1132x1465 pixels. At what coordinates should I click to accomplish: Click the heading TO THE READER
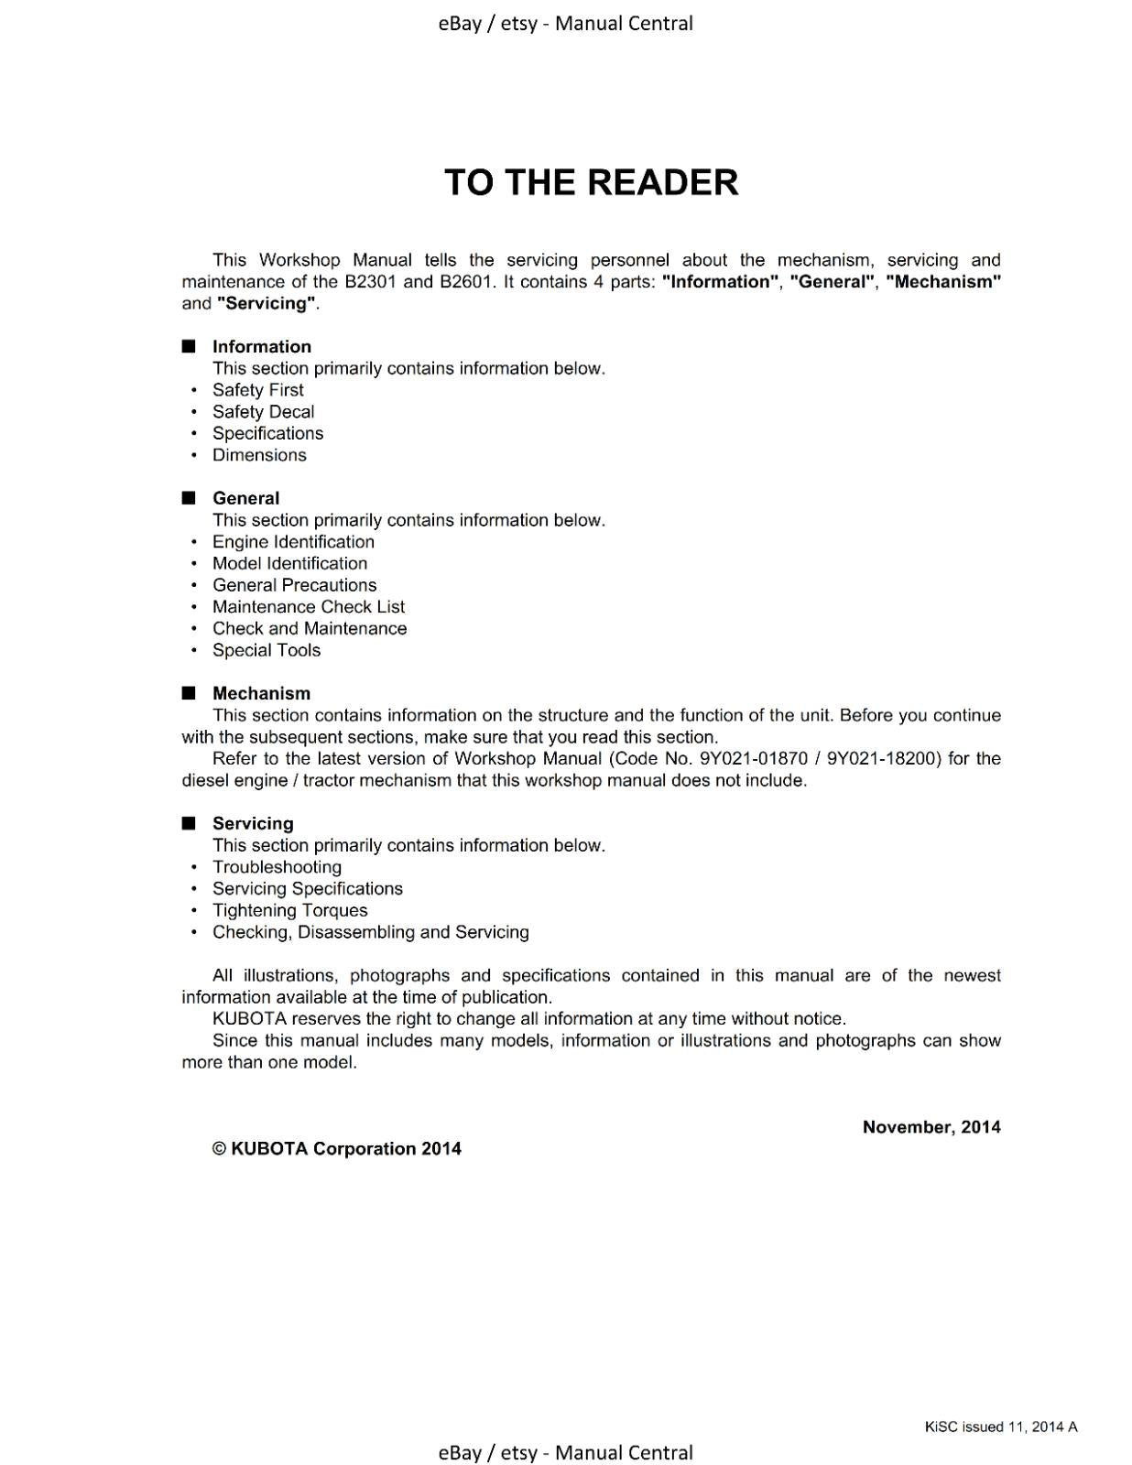tap(591, 182)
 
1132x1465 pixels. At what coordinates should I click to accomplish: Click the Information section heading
tap(261, 346)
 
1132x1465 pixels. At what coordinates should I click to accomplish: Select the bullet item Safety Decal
tap(263, 412)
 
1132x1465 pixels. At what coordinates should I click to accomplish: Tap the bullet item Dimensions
tap(259, 455)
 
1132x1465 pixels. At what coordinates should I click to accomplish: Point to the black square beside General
tap(189, 498)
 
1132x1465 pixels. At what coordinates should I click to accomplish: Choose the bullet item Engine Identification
tap(293, 542)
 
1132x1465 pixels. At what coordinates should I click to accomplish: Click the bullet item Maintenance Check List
tap(308, 607)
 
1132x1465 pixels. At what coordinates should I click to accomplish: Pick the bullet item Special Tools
tap(267, 650)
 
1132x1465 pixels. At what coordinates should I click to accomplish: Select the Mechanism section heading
tap(261, 693)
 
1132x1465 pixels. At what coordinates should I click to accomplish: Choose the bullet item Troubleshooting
tap(277, 867)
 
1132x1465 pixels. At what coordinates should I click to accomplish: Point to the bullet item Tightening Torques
tap(289, 910)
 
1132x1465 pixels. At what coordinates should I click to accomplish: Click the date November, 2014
tap(931, 1127)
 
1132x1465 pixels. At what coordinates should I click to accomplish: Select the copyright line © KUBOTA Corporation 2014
tap(336, 1149)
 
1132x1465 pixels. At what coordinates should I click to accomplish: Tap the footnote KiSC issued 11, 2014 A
tap(1000, 1427)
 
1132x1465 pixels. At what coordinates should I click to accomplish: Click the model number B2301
tap(370, 282)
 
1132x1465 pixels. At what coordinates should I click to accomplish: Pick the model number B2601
tap(467, 282)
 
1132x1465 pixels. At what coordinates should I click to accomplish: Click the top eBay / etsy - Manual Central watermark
tap(565, 23)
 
